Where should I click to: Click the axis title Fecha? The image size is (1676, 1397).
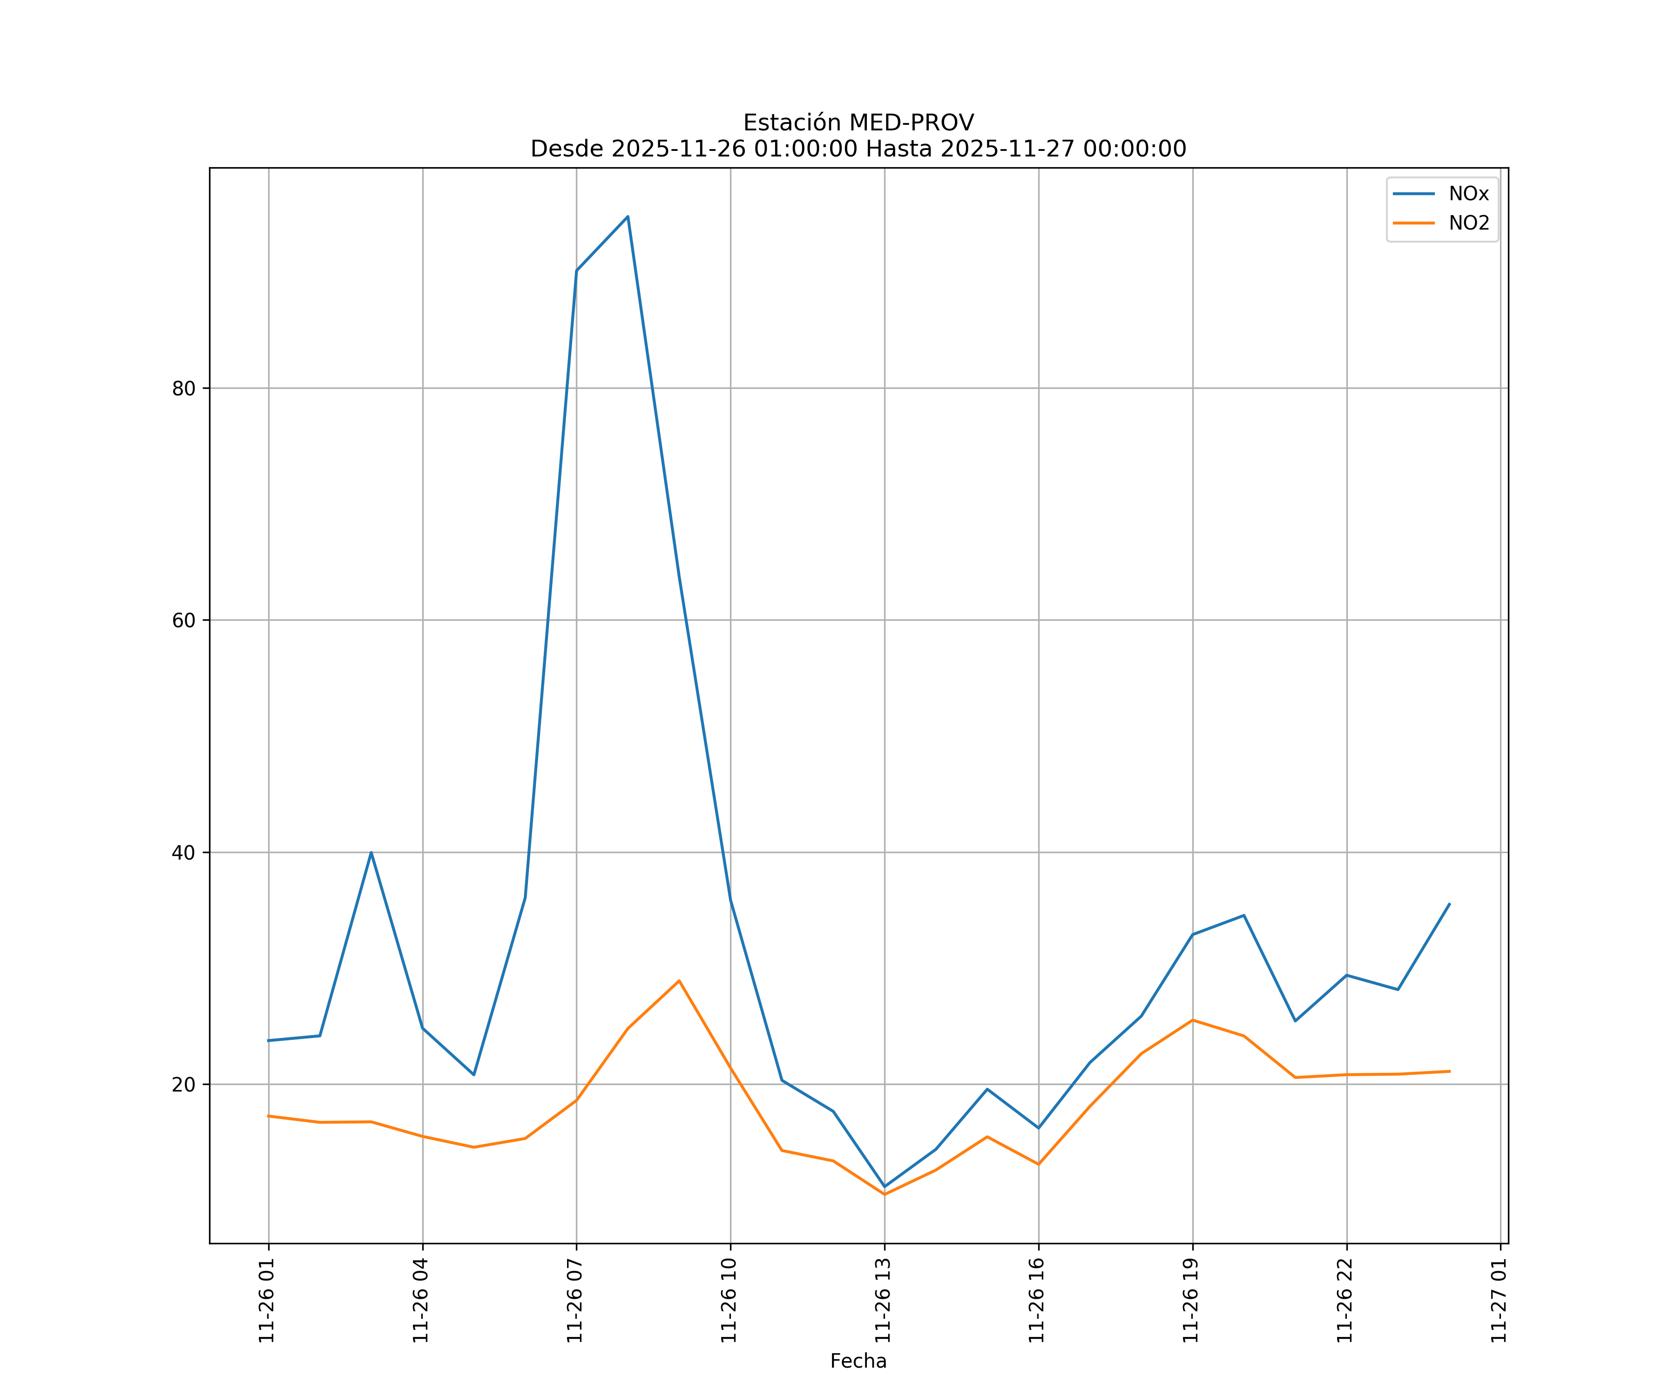click(x=858, y=1361)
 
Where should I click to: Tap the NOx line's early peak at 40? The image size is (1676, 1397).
click(x=371, y=853)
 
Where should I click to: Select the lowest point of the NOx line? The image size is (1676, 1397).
click(x=884, y=1187)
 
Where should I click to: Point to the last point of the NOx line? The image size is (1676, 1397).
click(x=1449, y=904)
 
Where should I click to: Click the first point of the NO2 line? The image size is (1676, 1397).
click(x=269, y=1116)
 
